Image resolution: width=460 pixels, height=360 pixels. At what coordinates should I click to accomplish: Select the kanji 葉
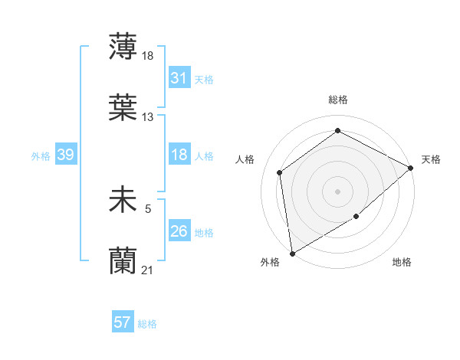tap(123, 108)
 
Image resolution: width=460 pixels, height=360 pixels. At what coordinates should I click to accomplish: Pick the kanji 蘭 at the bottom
tap(123, 261)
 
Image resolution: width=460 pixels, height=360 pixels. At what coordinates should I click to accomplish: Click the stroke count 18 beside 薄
tap(149, 56)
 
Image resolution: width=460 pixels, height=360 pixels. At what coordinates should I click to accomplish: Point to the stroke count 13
tap(148, 117)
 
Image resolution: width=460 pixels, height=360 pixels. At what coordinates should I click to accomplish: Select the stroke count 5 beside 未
tap(148, 207)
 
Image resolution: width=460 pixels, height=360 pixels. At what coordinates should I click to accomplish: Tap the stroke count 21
tap(148, 270)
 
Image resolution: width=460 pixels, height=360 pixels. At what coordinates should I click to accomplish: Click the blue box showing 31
tap(179, 78)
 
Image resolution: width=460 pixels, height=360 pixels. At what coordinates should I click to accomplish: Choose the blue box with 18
tap(179, 155)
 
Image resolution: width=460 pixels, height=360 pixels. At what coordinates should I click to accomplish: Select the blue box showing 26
tap(179, 231)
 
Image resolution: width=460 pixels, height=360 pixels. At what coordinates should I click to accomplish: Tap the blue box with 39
tap(65, 155)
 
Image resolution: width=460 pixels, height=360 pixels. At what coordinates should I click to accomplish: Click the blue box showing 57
tap(123, 323)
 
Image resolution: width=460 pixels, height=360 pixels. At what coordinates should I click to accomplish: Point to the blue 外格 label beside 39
tap(41, 156)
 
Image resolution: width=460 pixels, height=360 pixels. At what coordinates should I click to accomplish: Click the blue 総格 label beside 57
tap(147, 324)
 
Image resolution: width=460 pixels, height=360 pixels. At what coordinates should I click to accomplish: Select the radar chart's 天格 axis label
tap(431, 159)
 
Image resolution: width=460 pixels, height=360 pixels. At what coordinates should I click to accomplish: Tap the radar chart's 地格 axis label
tap(402, 262)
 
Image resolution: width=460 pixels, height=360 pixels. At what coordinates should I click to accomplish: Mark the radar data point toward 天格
tap(411, 168)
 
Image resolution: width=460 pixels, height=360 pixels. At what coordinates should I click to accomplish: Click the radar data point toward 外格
tap(292, 253)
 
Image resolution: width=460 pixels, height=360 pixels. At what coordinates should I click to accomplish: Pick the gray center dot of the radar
tap(337, 191)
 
